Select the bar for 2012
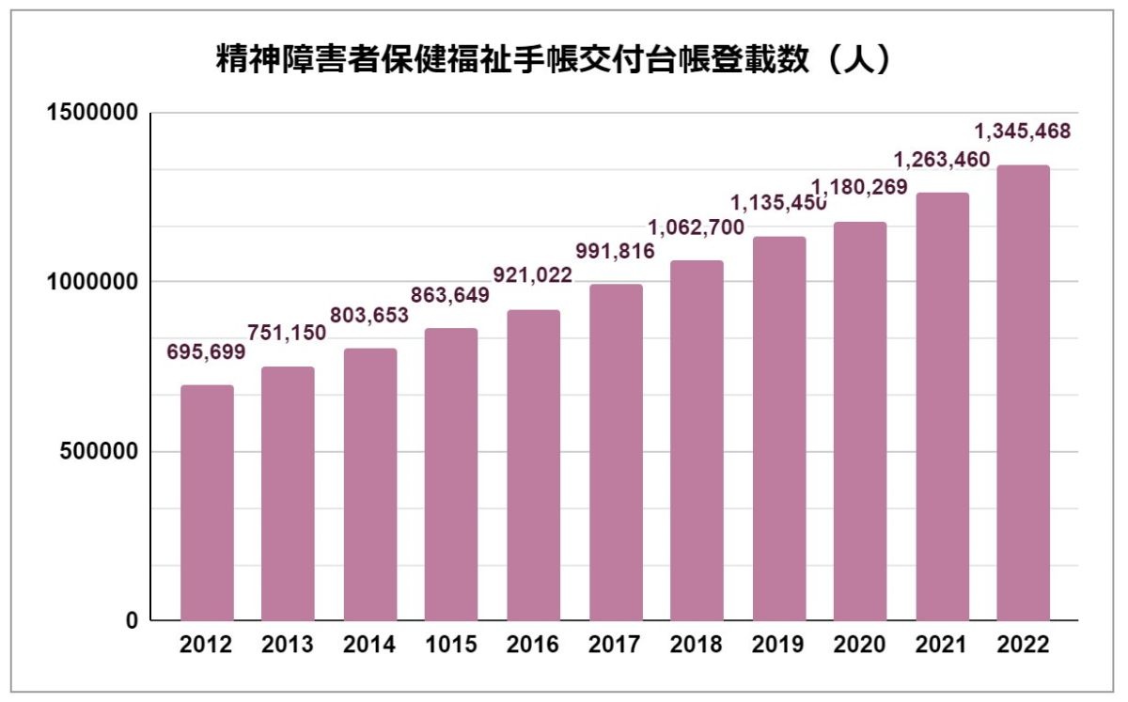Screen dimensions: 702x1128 pyautogui.click(x=207, y=503)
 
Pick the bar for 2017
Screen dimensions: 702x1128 pyautogui.click(x=616, y=452)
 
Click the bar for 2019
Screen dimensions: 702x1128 pyautogui.click(x=779, y=429)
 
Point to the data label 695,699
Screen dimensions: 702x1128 pyautogui.click(x=206, y=352)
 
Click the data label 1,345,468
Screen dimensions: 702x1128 pyautogui.click(x=1021, y=132)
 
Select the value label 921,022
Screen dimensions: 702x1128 pyautogui.click(x=533, y=275)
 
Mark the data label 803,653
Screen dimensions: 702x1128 pyautogui.click(x=369, y=315)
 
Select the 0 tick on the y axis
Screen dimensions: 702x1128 pyautogui.click(x=132, y=621)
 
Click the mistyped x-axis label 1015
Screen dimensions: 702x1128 pyautogui.click(x=451, y=646)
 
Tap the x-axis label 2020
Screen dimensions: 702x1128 pyautogui.click(x=860, y=646)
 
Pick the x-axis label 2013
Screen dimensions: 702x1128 pyautogui.click(x=288, y=646)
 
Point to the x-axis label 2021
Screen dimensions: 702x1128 pyautogui.click(x=941, y=646)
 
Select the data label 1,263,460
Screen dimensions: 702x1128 pyautogui.click(x=940, y=159)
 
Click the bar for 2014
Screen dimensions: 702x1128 pyautogui.click(x=370, y=485)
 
